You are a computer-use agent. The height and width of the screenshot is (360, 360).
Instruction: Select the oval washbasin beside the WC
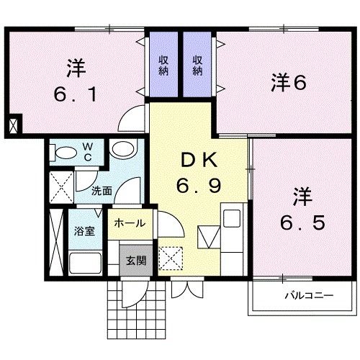point(122,150)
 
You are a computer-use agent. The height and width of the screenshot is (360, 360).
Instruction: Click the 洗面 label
point(102,192)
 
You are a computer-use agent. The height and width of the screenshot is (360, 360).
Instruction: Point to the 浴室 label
point(84,232)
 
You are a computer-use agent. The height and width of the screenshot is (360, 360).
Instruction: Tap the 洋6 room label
point(289,82)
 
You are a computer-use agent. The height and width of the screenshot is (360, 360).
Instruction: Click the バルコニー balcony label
point(307,296)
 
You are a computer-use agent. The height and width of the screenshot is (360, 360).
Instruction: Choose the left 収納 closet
point(164,66)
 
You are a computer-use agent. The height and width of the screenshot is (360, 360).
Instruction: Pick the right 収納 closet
point(199,66)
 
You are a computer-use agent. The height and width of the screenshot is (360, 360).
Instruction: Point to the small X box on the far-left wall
point(14,125)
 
